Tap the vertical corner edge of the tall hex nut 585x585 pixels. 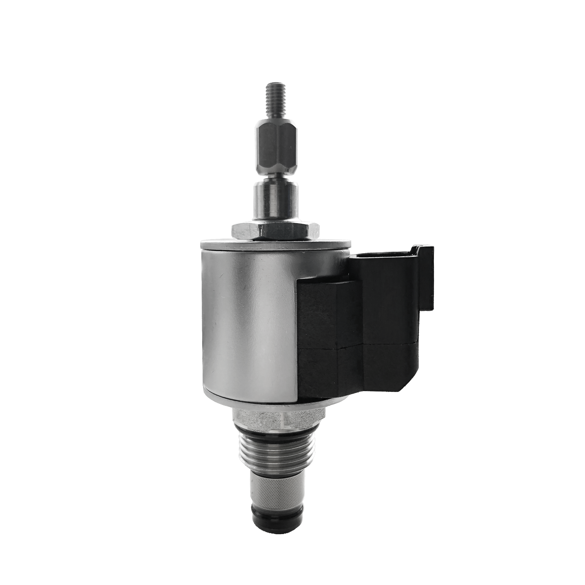click(x=277, y=145)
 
